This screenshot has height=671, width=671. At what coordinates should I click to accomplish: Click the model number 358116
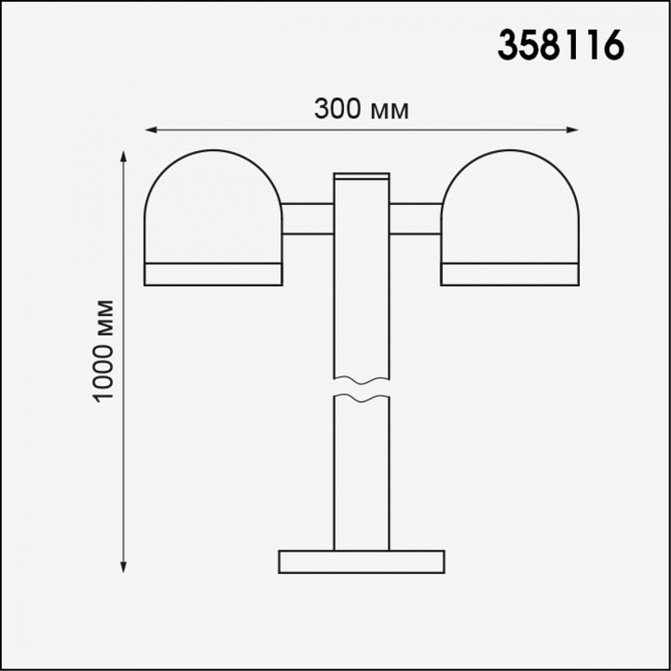[559, 45]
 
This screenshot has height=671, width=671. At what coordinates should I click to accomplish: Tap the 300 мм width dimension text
[362, 109]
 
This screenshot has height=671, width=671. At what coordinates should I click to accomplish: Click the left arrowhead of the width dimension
[149, 130]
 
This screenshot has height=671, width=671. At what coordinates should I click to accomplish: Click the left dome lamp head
[212, 207]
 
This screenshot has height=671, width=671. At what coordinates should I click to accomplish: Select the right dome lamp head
[510, 207]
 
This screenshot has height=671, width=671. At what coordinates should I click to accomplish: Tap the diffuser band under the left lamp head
[212, 273]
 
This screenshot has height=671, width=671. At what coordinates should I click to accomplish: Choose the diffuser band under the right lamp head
[510, 273]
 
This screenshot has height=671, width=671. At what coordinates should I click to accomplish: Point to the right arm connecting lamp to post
[416, 218]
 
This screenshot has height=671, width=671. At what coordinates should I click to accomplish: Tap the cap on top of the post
[362, 175]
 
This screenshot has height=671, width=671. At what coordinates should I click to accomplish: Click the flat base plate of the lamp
[362, 561]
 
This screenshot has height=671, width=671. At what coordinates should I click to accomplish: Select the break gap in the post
[362, 389]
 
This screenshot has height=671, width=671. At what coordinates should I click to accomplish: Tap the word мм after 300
[390, 110]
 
